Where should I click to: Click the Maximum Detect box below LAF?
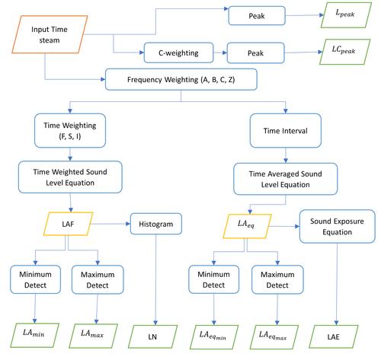pyautogui.click(x=96, y=279)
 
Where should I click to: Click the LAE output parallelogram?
pyautogui.click(x=336, y=333)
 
